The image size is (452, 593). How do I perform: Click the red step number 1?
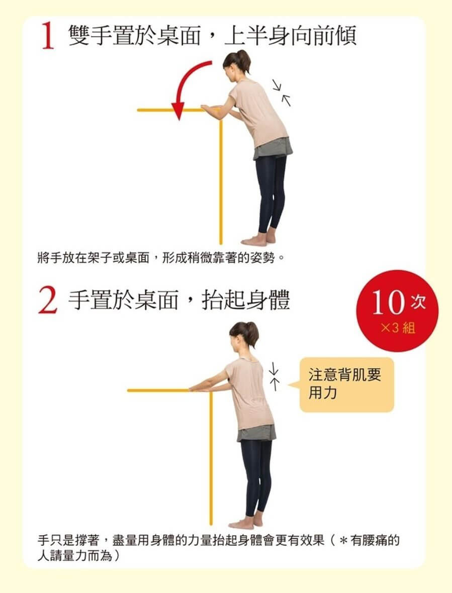48,38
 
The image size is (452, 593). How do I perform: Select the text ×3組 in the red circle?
398,328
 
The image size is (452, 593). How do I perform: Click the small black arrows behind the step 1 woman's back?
281,92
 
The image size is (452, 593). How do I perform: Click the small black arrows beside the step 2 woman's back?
274,377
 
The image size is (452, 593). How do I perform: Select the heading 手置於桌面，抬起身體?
179,301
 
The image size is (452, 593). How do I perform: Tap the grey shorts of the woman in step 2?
256,433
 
